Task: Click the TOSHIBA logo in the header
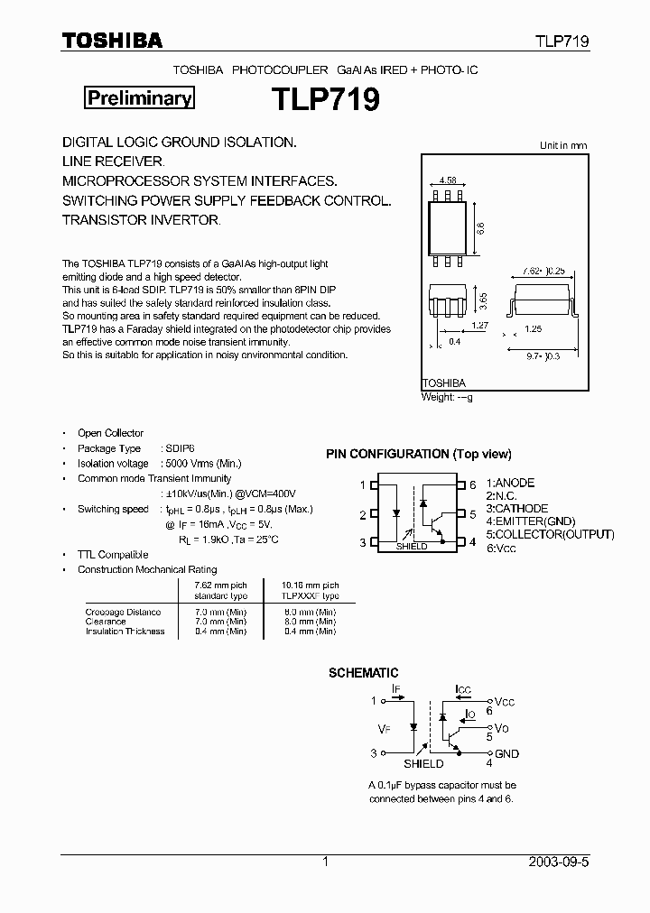(112, 41)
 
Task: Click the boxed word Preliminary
(139, 98)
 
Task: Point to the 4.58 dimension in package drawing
(449, 180)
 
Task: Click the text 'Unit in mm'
(562, 145)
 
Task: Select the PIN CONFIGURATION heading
(418, 454)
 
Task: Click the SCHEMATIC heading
(362, 673)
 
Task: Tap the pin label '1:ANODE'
(510, 484)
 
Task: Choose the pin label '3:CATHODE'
(516, 509)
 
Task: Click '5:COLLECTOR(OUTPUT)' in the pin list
(550, 534)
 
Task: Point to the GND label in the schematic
(506, 753)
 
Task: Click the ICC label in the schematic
(463, 690)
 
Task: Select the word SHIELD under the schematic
(423, 763)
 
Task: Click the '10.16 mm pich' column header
(310, 585)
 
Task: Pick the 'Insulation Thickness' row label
(125, 632)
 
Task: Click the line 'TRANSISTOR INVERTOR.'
(141, 219)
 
